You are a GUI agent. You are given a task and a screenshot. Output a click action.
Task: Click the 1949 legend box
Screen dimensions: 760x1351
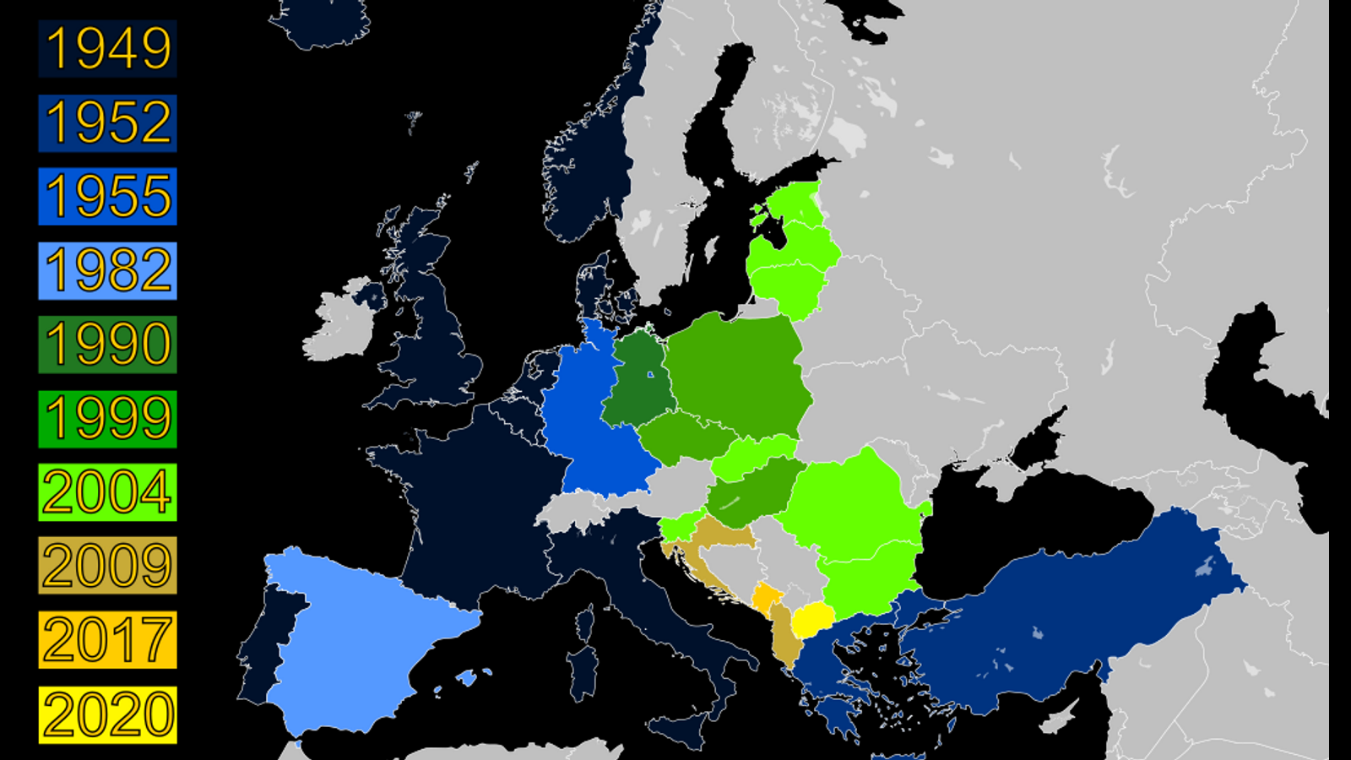107,49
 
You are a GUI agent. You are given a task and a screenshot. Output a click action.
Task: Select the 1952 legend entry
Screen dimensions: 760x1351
107,123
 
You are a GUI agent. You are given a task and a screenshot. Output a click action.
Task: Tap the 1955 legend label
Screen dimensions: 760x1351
107,197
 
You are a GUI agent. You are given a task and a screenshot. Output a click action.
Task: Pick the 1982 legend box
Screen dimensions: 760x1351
107,271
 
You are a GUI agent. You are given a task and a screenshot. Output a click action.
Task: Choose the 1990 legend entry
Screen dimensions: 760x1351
107,345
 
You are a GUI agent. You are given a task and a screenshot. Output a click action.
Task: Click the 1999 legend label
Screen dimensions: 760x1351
107,419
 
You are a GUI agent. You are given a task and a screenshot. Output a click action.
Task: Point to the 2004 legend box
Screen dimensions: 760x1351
107,492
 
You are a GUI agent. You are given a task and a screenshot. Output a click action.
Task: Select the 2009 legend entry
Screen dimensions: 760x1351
107,566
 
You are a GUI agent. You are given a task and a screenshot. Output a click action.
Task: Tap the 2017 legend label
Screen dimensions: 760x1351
107,640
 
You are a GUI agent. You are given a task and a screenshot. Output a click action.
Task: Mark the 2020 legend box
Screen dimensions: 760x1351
107,714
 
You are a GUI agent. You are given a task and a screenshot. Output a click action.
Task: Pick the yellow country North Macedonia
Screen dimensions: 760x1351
813,621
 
